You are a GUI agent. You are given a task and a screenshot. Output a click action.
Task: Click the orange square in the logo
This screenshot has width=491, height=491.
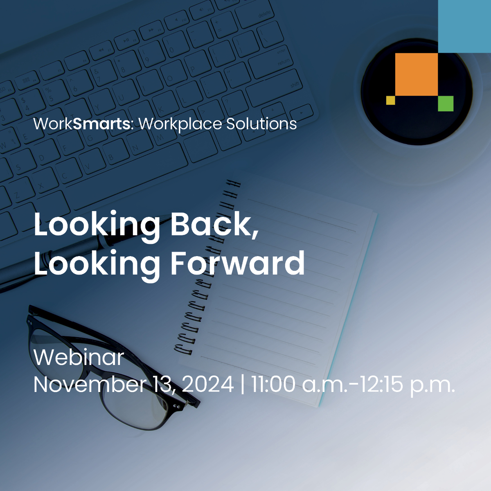click(x=417, y=74)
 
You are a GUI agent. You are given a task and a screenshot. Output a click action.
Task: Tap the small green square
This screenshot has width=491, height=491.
click(x=446, y=104)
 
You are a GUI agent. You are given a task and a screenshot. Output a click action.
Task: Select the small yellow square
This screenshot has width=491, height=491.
click(x=391, y=100)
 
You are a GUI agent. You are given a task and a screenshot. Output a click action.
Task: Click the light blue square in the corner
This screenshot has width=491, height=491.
click(x=464, y=26)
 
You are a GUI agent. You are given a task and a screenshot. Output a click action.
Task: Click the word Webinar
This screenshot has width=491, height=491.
click(x=79, y=358)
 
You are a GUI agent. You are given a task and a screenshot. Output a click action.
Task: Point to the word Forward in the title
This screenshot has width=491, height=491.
click(x=237, y=263)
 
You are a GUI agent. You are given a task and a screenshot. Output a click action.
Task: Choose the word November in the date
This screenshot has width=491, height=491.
click(x=89, y=384)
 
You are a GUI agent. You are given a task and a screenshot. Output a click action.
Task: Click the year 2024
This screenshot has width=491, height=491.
click(x=208, y=384)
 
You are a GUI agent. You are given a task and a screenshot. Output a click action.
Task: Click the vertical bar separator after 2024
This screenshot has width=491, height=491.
click(x=242, y=384)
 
